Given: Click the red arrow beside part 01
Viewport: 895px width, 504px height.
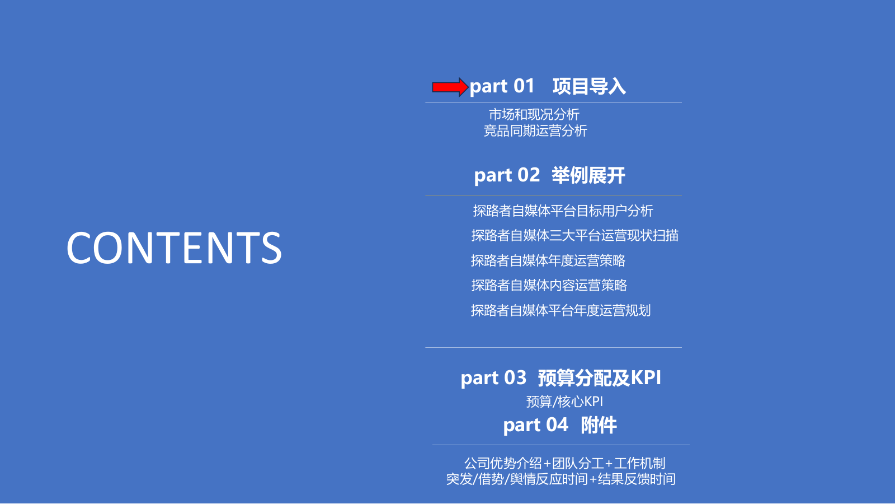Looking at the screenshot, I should [449, 87].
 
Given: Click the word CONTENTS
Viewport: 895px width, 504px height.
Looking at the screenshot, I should [174, 248].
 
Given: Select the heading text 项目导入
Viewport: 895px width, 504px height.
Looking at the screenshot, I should [589, 87].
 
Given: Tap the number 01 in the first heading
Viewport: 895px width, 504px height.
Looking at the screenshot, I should [524, 86].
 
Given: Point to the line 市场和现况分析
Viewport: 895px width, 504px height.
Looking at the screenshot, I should [534, 115].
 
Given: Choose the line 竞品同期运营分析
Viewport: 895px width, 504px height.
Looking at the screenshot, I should [535, 131].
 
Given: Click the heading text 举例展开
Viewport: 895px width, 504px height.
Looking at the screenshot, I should [588, 176].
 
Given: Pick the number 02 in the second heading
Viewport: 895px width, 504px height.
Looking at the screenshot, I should [529, 175].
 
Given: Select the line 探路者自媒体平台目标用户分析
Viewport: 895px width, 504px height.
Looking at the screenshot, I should [563, 211].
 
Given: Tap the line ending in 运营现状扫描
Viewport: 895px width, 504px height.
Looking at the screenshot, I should [574, 236].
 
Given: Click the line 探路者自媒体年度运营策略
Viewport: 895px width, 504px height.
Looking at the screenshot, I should [548, 261].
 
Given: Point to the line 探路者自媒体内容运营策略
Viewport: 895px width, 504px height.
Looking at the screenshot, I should [549, 286].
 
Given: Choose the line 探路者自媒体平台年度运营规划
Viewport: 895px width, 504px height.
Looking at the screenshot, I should [560, 311].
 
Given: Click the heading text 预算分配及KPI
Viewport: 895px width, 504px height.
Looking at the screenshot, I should [599, 378].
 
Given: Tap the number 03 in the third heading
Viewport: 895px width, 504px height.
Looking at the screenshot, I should [515, 378].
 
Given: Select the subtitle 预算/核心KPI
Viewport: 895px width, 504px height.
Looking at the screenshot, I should [564, 402].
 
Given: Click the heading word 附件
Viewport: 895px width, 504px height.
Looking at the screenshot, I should [599, 426].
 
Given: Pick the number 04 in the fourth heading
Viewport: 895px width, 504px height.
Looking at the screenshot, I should [557, 425].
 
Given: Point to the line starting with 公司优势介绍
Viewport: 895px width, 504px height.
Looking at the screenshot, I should [564, 464].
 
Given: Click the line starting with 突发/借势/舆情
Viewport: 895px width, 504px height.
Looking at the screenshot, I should [560, 479].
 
